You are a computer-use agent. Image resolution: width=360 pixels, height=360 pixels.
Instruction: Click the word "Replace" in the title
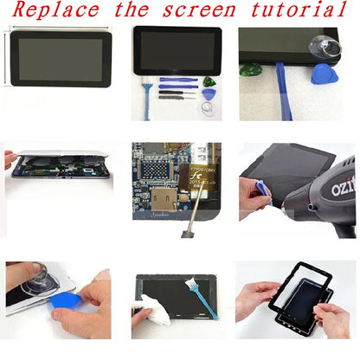click(54, 11)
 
